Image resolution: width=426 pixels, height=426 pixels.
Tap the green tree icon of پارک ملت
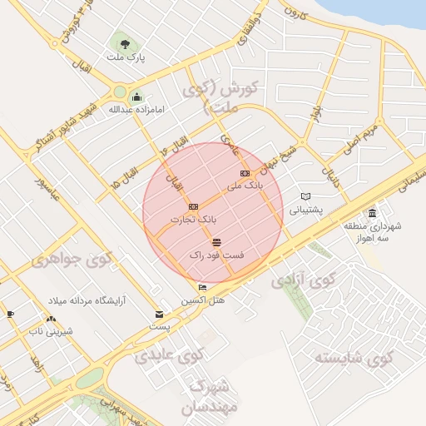pyautogui.click(x=125, y=43)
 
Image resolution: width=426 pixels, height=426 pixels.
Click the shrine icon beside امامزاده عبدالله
pyautogui.click(x=136, y=97)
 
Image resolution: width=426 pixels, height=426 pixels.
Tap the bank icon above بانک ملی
pyautogui.click(x=244, y=173)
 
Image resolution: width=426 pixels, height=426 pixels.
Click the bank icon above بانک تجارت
pyautogui.click(x=194, y=206)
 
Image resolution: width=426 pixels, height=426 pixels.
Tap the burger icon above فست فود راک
pyautogui.click(x=216, y=242)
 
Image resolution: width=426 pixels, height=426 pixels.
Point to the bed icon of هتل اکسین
pyautogui.click(x=202, y=288)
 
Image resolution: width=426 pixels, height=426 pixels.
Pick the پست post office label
pyautogui.click(x=159, y=327)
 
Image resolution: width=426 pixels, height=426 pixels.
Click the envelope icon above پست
pyautogui.click(x=159, y=315)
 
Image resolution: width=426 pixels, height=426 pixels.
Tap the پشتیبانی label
pyautogui.click(x=305, y=210)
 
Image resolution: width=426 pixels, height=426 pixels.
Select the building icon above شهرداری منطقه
pyautogui.click(x=371, y=213)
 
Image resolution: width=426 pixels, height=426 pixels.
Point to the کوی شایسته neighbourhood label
pyautogui.click(x=352, y=359)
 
